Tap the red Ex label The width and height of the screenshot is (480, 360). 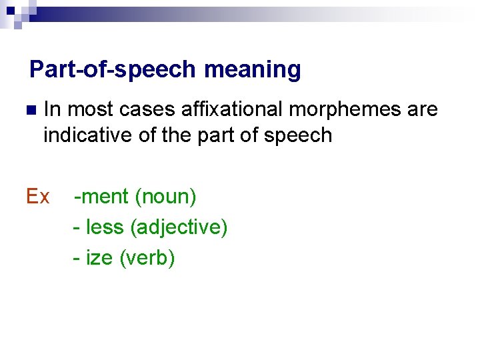click(37, 197)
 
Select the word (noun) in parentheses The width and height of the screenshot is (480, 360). click(165, 197)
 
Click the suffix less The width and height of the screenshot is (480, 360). click(105, 227)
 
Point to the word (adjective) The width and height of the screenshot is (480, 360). click(179, 227)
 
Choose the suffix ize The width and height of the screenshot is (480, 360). click(99, 257)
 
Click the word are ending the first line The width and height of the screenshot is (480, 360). click(423, 109)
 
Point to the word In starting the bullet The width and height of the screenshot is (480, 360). click(53, 109)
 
